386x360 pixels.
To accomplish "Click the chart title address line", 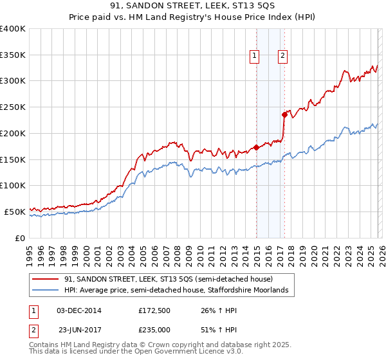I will tap(193, 6).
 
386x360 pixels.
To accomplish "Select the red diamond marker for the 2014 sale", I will tap(256, 147).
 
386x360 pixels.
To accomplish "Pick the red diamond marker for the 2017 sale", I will tap(284, 114).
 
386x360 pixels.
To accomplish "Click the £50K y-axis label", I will tap(14, 212).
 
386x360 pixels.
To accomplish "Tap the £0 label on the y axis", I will tap(21, 238).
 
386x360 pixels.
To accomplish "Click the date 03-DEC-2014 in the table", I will tap(78, 310).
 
